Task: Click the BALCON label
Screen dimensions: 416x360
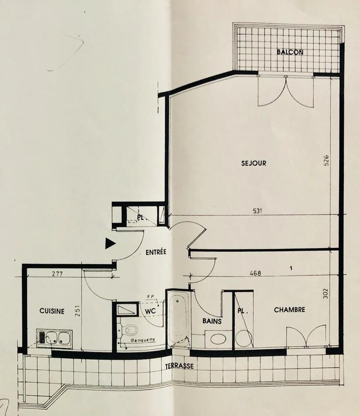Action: tap(290, 52)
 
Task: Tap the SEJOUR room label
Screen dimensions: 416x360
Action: tap(254, 163)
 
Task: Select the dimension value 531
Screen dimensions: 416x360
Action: tap(256, 211)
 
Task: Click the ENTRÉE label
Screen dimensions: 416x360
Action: tap(156, 253)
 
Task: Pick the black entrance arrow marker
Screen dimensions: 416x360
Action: tap(109, 243)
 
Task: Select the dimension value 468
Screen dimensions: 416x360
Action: tap(254, 272)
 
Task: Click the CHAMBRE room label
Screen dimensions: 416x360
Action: tap(290, 310)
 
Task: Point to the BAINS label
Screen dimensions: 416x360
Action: tap(212, 321)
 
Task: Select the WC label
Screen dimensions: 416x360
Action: tap(151, 311)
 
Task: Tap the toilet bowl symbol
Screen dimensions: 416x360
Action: tap(130, 330)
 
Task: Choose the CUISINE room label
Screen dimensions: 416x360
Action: tap(52, 311)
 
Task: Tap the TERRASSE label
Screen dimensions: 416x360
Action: tap(179, 367)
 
